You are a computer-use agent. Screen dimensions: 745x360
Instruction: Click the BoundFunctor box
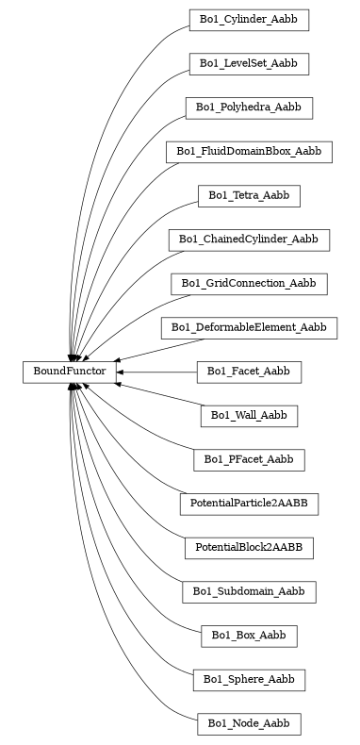coord(70,372)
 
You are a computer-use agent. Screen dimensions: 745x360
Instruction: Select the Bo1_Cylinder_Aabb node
coord(249,19)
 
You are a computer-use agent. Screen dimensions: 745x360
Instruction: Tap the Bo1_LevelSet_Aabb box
coord(249,63)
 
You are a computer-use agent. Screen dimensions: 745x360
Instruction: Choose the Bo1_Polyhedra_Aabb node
coord(249,108)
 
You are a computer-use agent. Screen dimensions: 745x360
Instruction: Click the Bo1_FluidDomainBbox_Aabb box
coord(249,151)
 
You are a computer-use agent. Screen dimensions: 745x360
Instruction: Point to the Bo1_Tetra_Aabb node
coord(249,195)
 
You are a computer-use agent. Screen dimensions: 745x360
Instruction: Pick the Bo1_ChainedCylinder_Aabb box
coord(249,240)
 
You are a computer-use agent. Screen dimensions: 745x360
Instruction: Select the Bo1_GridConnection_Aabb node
coord(249,284)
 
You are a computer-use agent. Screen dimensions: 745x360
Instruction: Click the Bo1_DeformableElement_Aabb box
coord(249,328)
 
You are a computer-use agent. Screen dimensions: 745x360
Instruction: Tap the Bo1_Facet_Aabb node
coord(249,372)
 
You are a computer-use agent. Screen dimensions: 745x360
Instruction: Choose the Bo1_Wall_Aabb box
coord(249,416)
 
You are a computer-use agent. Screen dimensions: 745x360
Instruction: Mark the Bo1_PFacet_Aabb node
coord(249,460)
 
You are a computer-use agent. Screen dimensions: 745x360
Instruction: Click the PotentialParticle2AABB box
coord(249,505)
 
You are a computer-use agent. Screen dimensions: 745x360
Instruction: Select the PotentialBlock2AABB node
coord(249,548)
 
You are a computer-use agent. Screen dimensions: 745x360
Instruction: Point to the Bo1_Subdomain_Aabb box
coord(249,592)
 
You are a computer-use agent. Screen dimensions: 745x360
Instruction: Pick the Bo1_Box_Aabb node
coord(249,637)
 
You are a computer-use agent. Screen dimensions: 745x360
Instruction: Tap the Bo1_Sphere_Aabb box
coord(249,680)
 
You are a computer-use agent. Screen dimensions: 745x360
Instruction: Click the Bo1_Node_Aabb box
coord(249,724)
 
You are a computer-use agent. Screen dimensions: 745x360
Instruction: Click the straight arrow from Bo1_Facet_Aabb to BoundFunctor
coord(160,372)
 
